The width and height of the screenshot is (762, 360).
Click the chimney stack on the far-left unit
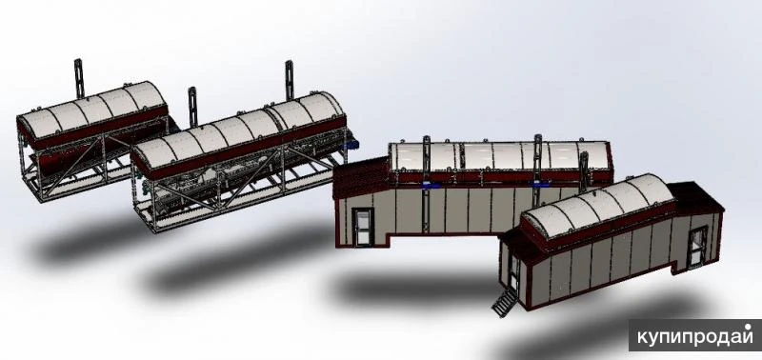pyautogui.click(x=79, y=78)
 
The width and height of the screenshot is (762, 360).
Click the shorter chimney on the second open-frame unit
pyautogui.click(x=192, y=107)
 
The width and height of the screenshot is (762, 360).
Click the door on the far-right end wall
pyautogui.click(x=698, y=247)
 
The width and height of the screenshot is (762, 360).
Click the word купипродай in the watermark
pyautogui.click(x=695, y=337)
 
